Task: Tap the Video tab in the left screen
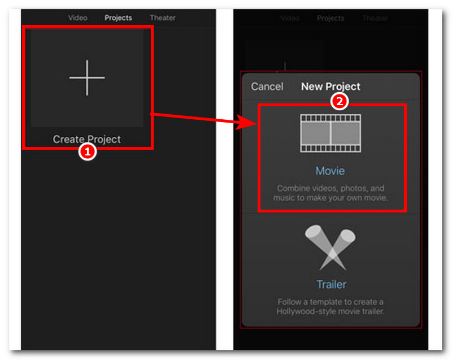[x=77, y=18]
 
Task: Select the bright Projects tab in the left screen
[x=118, y=18]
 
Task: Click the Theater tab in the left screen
[x=163, y=18]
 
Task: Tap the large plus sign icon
[x=87, y=77]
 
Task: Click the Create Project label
[x=87, y=139]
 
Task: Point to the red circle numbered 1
[x=88, y=151]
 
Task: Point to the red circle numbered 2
[x=340, y=101]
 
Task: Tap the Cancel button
[x=267, y=86]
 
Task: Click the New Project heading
[x=331, y=86]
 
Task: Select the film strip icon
[x=331, y=133]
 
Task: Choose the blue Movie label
[x=330, y=171]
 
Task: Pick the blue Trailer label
[x=332, y=284]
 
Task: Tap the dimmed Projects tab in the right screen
[x=331, y=19]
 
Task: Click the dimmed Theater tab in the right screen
[x=375, y=19]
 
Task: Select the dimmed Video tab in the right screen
[x=290, y=19]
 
